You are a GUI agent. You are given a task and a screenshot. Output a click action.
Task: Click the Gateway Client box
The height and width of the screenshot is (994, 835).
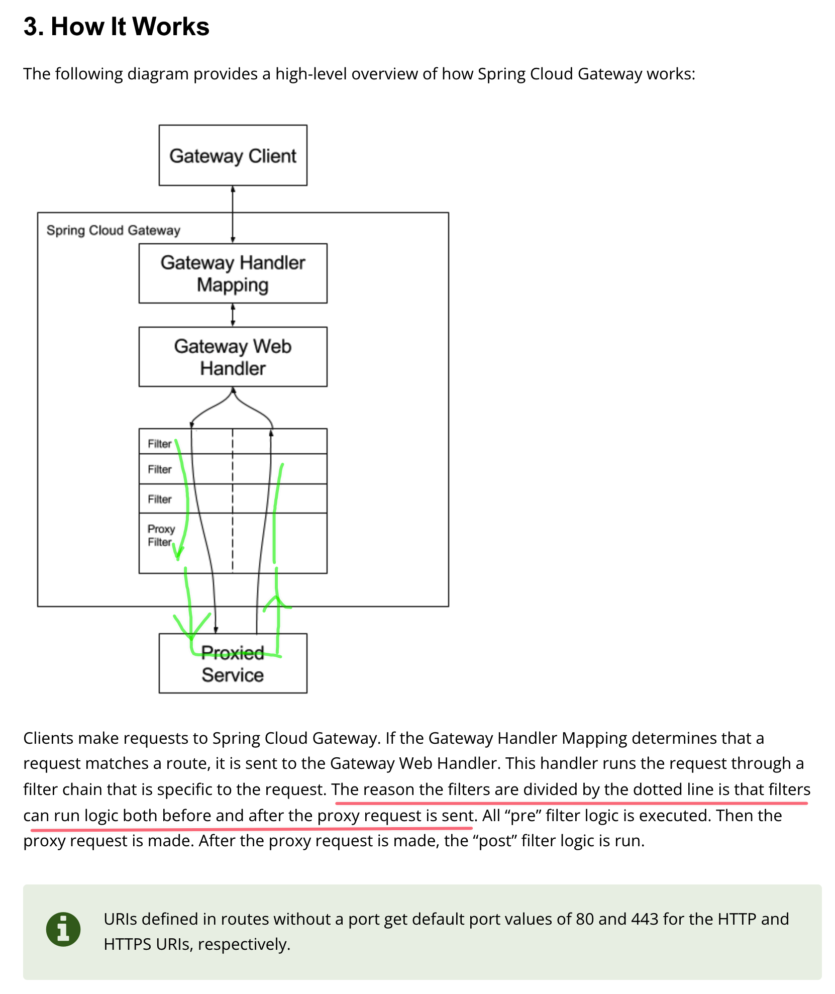(233, 155)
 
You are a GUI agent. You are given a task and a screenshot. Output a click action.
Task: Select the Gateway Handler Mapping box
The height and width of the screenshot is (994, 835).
(233, 273)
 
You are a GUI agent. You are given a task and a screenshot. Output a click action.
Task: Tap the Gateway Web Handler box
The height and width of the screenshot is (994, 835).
(233, 357)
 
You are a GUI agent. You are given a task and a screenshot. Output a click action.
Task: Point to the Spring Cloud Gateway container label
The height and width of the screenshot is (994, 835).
(113, 230)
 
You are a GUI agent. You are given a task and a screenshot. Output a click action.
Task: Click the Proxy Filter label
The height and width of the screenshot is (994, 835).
(161, 535)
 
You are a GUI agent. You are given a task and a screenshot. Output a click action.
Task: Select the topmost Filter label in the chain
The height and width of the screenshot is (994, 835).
(160, 444)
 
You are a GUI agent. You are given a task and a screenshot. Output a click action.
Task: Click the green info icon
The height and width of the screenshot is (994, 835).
(63, 929)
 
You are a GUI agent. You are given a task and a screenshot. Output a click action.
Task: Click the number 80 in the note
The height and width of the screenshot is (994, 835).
(585, 919)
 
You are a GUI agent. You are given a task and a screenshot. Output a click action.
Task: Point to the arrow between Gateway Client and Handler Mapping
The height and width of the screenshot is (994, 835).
(233, 215)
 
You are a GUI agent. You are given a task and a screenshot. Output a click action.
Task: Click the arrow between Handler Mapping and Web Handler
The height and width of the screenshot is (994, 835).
(233, 315)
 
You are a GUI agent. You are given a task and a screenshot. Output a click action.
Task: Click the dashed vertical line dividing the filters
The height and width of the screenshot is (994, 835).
(233, 503)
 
